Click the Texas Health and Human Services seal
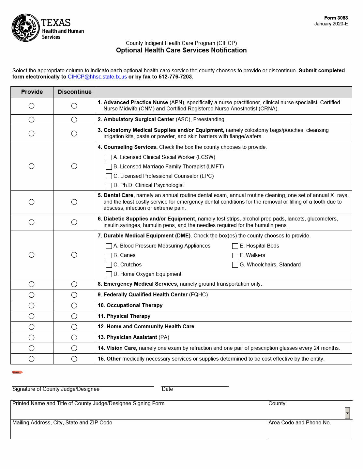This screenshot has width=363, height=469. pos(25,28)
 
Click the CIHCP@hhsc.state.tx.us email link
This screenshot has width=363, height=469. pos(97,77)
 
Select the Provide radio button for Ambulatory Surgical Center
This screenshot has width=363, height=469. pos(32,120)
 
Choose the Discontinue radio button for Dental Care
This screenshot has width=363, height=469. pos(74,202)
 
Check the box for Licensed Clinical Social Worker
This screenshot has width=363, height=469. pos(109,157)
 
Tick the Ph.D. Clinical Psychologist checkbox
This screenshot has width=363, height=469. pos(109,185)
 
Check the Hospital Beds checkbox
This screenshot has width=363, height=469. pos(235,246)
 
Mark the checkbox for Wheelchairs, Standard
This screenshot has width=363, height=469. pos(235,265)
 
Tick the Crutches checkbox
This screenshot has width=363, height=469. pos(109,265)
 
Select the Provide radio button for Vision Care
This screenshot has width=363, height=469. pos(32,348)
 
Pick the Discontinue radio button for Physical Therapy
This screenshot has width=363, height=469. pos(74,316)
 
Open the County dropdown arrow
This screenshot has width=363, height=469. pos(347,413)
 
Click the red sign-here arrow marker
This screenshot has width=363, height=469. pos(17,372)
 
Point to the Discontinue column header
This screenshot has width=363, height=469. pos(75,92)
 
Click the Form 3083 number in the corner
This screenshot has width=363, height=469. pos(336,18)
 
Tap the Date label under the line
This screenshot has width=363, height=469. pos(167,389)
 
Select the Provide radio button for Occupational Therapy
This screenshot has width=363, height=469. pos(32,306)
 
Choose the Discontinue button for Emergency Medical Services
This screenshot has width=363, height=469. pos(74,284)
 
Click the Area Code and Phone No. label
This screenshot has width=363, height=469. pos(299,423)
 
